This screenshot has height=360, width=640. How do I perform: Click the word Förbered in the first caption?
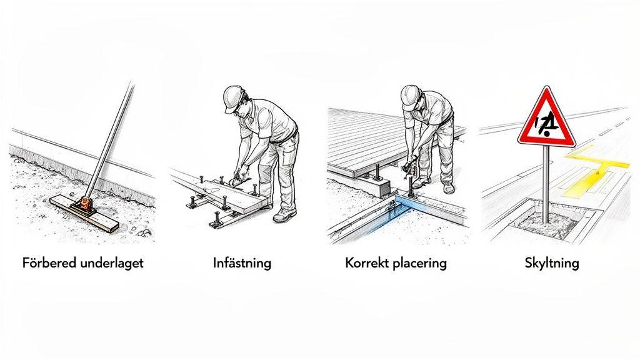(48, 262)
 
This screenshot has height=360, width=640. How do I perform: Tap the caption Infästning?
(242, 262)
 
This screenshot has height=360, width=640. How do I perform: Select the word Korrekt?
(366, 262)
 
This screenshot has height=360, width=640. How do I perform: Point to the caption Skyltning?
(552, 262)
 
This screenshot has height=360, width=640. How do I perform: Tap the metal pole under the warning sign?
(546, 181)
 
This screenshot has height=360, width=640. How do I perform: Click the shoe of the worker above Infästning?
(284, 216)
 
